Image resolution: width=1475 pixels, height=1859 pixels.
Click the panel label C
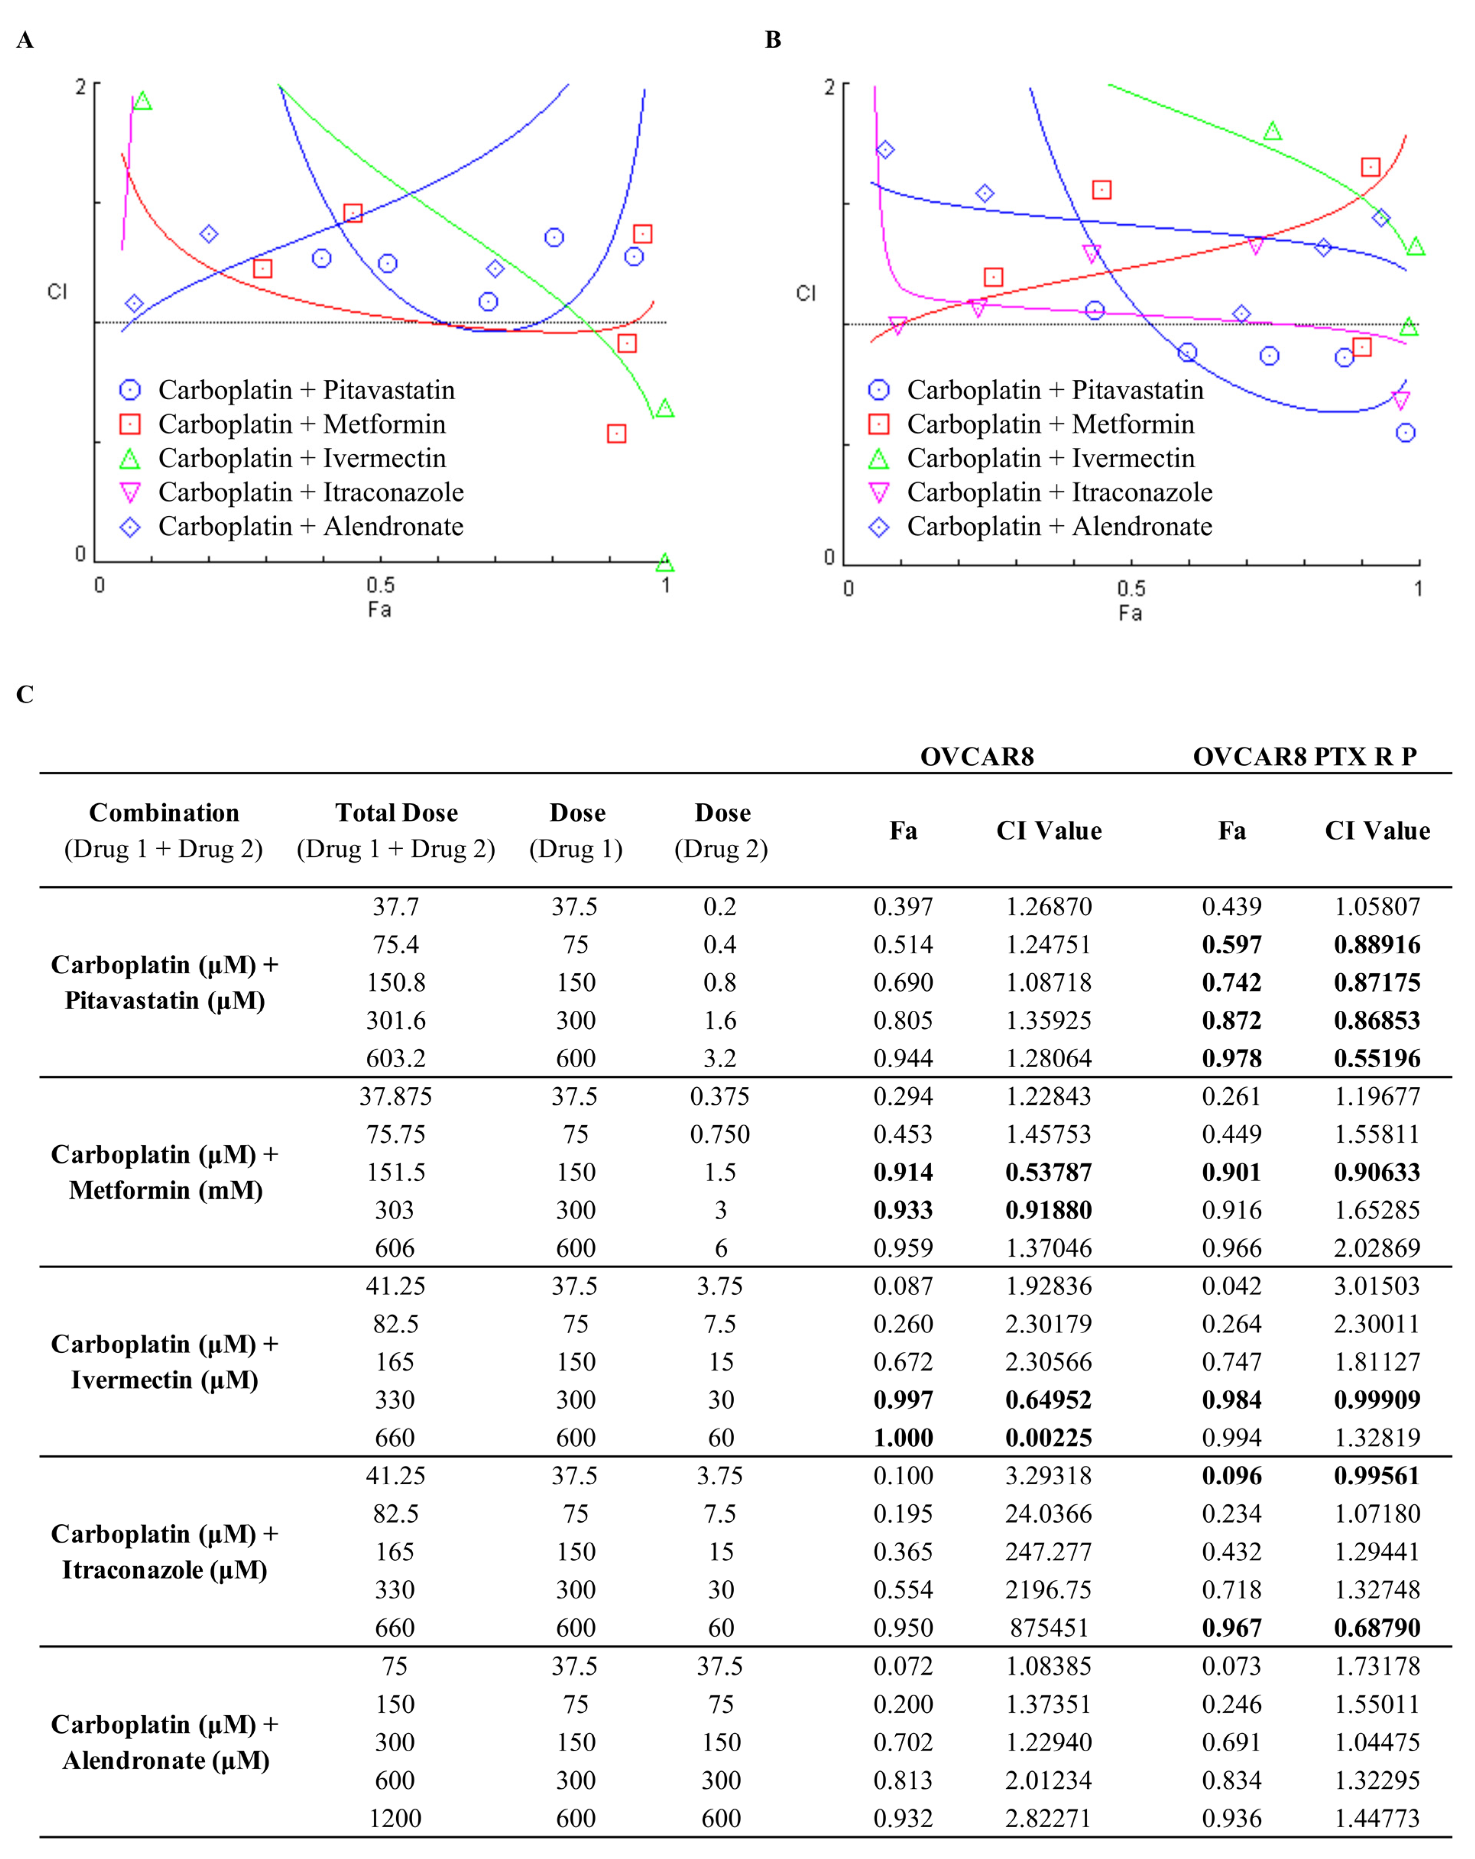coord(25,694)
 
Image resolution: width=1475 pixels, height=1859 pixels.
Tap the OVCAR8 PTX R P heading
coord(1304,756)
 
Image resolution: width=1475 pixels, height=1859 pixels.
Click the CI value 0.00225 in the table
coord(1048,1438)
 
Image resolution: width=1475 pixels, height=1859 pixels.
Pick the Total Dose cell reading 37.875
coord(395,1096)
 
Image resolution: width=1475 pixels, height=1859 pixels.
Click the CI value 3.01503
coord(1377,1285)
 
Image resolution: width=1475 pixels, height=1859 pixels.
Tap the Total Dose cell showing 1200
coord(395,1818)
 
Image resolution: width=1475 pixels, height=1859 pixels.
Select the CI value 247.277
coord(1048,1551)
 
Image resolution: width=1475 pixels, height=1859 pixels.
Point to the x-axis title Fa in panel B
coord(1130,613)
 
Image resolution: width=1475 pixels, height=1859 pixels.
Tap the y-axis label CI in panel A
coord(57,292)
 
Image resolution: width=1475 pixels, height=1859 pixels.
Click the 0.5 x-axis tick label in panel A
coord(380,585)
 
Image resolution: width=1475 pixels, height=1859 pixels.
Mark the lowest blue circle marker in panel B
coord(1405,433)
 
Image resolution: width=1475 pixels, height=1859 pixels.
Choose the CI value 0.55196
coord(1377,1058)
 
